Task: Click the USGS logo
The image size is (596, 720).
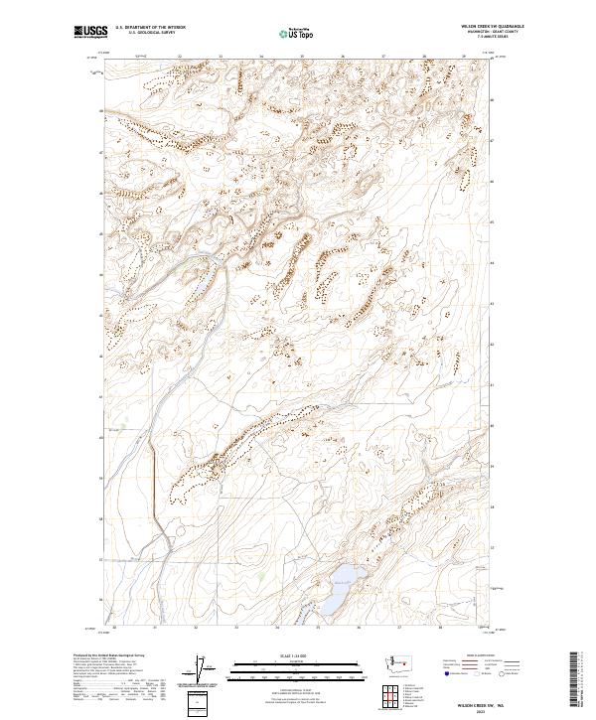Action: click(x=88, y=32)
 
